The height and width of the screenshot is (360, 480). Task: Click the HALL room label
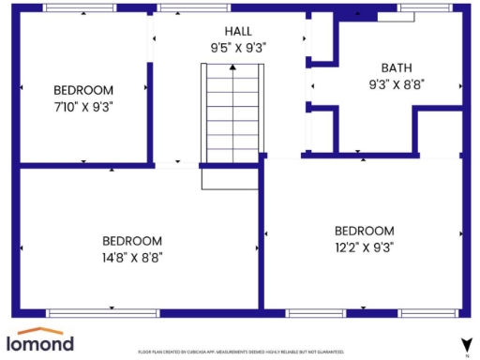[x=231, y=30]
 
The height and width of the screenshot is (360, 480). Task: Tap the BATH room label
[x=396, y=67]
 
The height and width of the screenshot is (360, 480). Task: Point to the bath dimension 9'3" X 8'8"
[x=396, y=82]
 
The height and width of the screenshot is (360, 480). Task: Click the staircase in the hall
[x=231, y=112]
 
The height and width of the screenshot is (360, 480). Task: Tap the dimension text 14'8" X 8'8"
[x=132, y=256]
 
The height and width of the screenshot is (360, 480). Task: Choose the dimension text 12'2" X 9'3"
[x=365, y=247]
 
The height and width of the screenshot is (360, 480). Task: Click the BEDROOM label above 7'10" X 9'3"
[x=83, y=90]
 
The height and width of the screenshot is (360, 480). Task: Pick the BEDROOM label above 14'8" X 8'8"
[x=132, y=240]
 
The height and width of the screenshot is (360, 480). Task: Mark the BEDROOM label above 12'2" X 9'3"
[x=365, y=231]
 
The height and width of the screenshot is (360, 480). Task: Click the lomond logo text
[x=40, y=344]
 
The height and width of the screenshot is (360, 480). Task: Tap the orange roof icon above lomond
[x=40, y=330]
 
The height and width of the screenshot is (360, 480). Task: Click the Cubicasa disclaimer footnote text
[x=241, y=352]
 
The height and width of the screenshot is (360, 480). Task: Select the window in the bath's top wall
[x=422, y=7]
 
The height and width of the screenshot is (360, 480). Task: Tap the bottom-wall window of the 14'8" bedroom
[x=89, y=312]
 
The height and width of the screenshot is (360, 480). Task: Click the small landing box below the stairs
[x=230, y=179]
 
